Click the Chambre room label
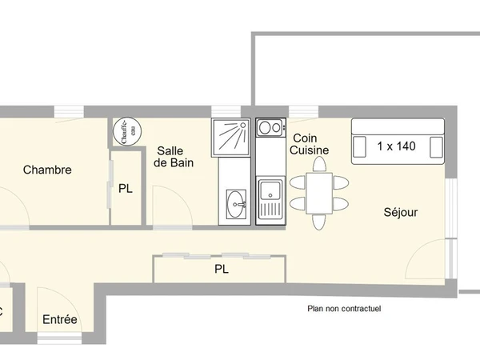point(47,170)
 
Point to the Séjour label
point(400,213)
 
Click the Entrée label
point(60,320)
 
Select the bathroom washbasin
point(236,203)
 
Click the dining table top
point(320,193)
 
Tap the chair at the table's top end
point(320,164)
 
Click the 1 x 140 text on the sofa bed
point(397,146)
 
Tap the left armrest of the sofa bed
point(358,146)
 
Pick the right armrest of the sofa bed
point(436,146)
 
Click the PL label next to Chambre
point(125,189)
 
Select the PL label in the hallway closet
point(221,270)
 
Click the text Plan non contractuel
point(344,308)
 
